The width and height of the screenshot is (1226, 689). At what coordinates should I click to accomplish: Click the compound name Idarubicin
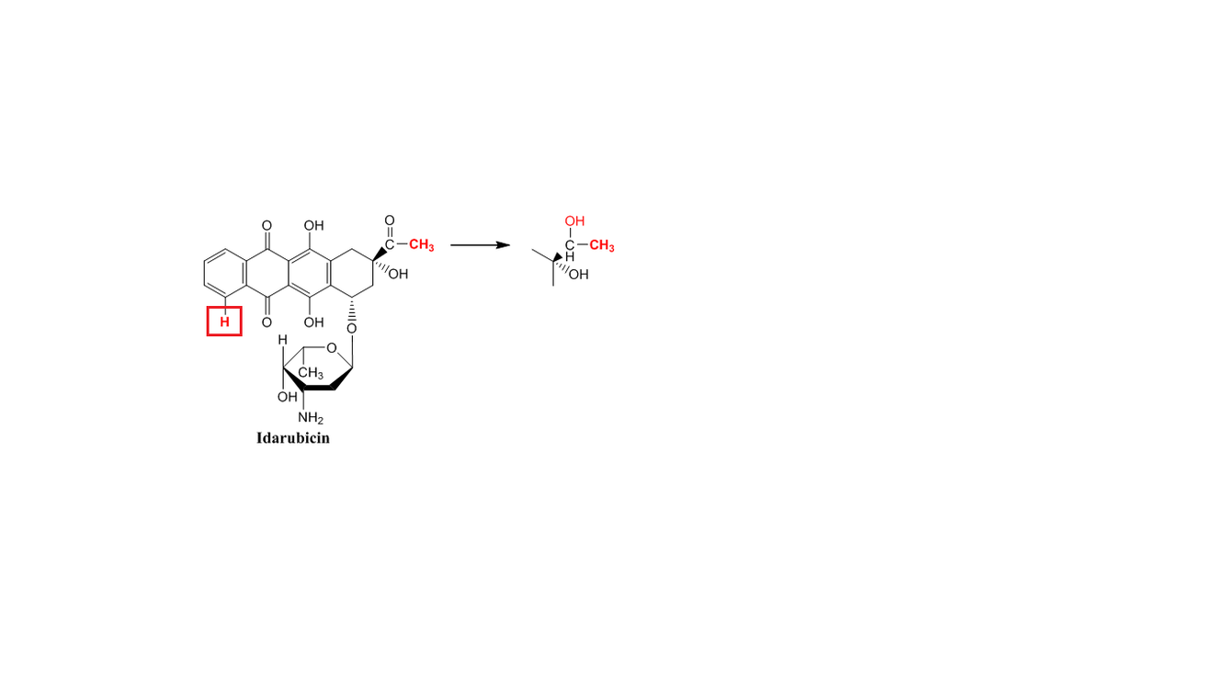292,438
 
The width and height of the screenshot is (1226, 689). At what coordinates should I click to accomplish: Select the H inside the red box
223,322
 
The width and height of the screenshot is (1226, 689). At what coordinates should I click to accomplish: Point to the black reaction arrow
480,245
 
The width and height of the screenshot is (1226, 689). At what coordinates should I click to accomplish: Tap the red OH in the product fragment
575,221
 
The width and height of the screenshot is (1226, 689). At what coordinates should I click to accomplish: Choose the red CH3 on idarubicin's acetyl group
421,244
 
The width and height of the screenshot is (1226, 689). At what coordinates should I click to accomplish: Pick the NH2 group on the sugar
310,419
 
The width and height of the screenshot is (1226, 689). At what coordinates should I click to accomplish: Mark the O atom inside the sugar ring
331,347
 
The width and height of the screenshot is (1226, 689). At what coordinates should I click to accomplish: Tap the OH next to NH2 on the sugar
288,397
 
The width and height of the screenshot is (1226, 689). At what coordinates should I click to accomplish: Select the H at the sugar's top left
283,341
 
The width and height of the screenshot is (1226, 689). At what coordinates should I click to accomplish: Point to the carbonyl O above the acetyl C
390,220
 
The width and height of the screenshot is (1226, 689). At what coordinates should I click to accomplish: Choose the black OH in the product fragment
578,275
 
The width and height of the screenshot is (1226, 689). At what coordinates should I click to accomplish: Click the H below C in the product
571,256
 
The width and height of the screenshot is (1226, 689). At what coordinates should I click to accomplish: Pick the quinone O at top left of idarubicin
267,224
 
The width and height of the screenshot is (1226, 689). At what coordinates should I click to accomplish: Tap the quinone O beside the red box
267,322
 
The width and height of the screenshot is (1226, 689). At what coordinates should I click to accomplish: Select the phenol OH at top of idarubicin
313,224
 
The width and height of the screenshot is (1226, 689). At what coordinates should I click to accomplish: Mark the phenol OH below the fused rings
313,322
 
